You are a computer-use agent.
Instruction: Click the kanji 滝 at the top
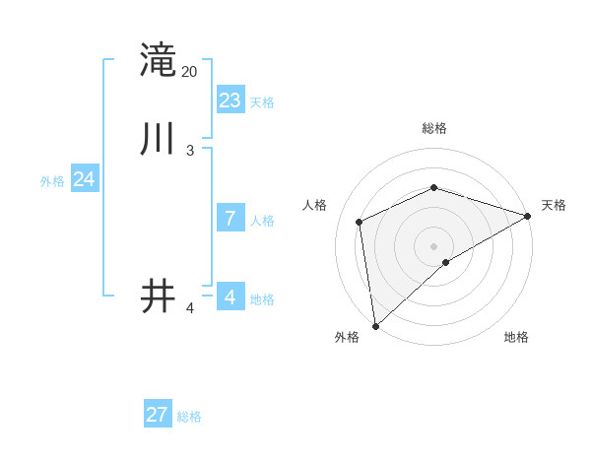(158, 59)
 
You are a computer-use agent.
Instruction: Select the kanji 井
(158, 297)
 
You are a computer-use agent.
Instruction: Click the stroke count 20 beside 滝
(190, 72)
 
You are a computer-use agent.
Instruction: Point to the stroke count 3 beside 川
(190, 151)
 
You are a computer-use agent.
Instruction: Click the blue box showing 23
(230, 100)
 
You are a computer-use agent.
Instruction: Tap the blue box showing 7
(230, 219)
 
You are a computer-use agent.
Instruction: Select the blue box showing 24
(85, 179)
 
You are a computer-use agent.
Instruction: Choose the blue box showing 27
(158, 415)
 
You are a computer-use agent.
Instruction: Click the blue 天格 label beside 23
(262, 102)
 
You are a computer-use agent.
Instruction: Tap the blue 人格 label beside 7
(262, 221)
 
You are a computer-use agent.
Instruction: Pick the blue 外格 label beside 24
(52, 181)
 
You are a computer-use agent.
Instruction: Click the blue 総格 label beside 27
(189, 417)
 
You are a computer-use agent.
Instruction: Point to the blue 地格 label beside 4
(262, 299)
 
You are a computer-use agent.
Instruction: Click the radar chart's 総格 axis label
(434, 128)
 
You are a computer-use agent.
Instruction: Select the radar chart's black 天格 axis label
(554, 205)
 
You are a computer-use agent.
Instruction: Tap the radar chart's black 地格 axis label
(516, 337)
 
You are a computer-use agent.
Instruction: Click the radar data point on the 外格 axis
(375, 326)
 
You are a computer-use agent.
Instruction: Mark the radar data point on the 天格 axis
(528, 216)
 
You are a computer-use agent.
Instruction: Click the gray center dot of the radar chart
(434, 245)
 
